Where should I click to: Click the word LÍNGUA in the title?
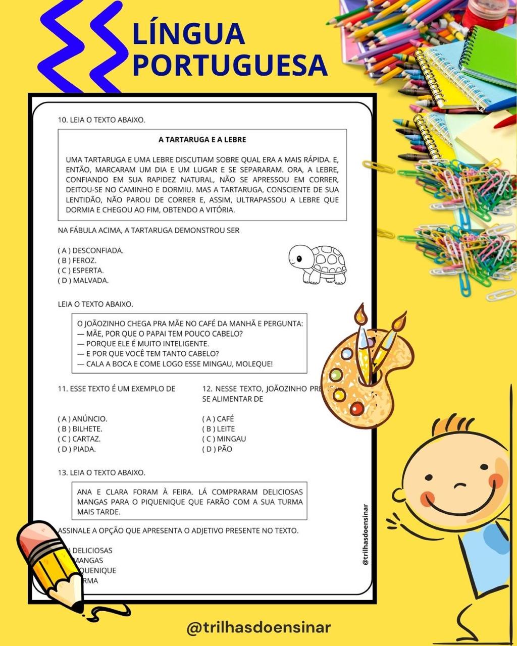tap(188, 33)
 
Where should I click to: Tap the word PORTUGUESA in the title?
tap(230, 65)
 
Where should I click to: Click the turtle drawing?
tap(318, 264)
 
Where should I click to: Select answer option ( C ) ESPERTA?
tap(81, 271)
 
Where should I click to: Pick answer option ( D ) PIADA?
tap(77, 449)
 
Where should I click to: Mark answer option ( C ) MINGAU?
tap(224, 439)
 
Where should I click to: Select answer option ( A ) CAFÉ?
tap(218, 419)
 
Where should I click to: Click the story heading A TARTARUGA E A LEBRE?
tap(202, 139)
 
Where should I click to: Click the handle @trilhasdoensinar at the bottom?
tap(258, 628)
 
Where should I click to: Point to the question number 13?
tap(62, 473)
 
